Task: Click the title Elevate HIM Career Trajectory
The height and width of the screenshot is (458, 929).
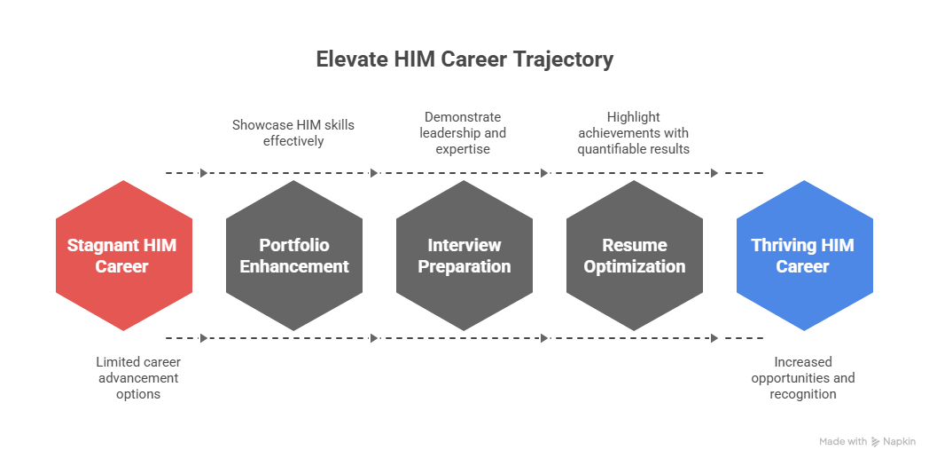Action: point(464,60)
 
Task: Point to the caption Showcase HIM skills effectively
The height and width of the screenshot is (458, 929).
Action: point(293,132)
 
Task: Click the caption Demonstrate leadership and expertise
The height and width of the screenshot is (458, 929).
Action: point(463,132)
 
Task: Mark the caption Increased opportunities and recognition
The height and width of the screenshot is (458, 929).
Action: point(802,377)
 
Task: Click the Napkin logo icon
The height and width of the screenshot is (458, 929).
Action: point(876,441)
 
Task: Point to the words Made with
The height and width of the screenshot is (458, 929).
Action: point(843,441)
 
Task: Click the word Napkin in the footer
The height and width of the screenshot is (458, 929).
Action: point(900,441)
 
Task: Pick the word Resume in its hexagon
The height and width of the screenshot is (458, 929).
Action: point(634,245)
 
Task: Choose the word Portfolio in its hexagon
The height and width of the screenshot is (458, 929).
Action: point(293,245)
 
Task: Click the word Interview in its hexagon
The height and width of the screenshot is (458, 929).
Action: point(464,245)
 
